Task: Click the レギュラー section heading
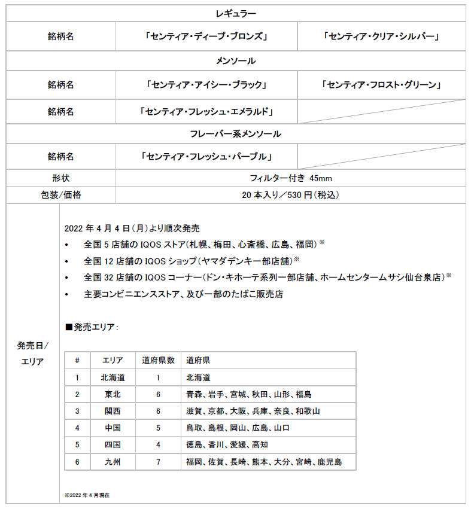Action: [x=235, y=13]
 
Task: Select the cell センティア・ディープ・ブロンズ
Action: [x=206, y=36]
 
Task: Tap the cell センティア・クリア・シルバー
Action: [x=381, y=36]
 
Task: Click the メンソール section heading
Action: [x=235, y=61]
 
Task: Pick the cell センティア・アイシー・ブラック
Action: [x=206, y=85]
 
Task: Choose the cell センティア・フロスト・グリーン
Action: [x=381, y=85]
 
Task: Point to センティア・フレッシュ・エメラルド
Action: [x=206, y=111]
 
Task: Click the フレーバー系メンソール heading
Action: [x=235, y=133]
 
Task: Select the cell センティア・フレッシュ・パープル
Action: [x=206, y=157]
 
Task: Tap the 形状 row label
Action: [x=60, y=178]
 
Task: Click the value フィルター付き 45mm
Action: [x=290, y=178]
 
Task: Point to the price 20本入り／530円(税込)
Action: [x=290, y=194]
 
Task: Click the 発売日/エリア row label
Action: [x=32, y=353]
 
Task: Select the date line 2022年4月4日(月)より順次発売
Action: [x=132, y=228]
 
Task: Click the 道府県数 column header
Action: [x=158, y=360]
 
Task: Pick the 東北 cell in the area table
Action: [x=112, y=394]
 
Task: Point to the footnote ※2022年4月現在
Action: [x=87, y=495]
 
